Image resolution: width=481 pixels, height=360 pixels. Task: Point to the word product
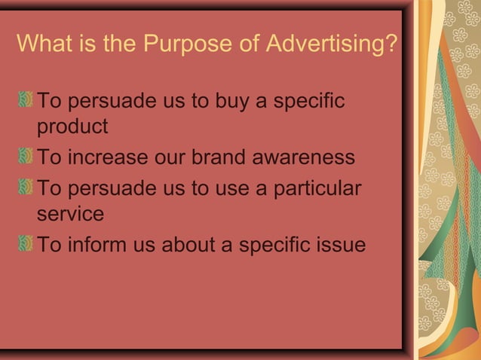point(72,127)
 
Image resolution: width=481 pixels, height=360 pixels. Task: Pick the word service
point(70,214)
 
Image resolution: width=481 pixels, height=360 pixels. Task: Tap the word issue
point(339,245)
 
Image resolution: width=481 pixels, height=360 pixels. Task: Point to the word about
point(186,245)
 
